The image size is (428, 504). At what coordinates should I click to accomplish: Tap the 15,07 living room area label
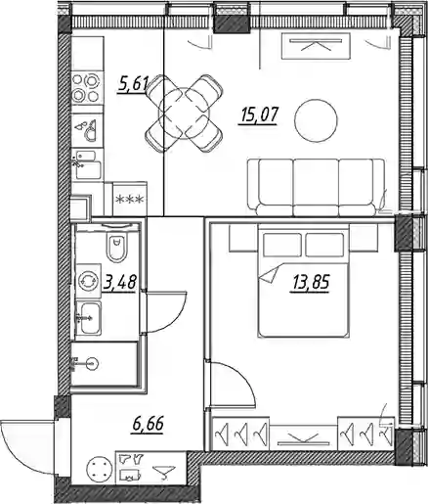point(258,116)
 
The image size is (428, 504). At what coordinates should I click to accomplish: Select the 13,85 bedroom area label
point(311,282)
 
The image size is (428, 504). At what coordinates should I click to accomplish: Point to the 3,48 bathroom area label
point(119,282)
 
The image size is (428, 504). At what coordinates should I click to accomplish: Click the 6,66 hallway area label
point(148,424)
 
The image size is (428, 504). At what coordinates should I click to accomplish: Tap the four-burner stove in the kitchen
point(86,88)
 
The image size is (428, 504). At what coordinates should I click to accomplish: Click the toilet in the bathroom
point(116,247)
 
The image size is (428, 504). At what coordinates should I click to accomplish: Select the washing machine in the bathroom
point(88,280)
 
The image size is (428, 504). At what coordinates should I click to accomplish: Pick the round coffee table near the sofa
point(316,120)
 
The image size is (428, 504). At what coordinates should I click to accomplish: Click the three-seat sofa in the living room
point(316,187)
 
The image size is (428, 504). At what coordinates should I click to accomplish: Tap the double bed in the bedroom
point(304,281)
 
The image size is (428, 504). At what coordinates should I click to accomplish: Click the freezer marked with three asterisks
point(130,199)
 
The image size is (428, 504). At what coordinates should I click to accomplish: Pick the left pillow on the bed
point(282,245)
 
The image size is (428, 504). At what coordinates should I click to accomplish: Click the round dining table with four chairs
point(185,114)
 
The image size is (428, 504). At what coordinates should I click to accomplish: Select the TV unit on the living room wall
point(316,46)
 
